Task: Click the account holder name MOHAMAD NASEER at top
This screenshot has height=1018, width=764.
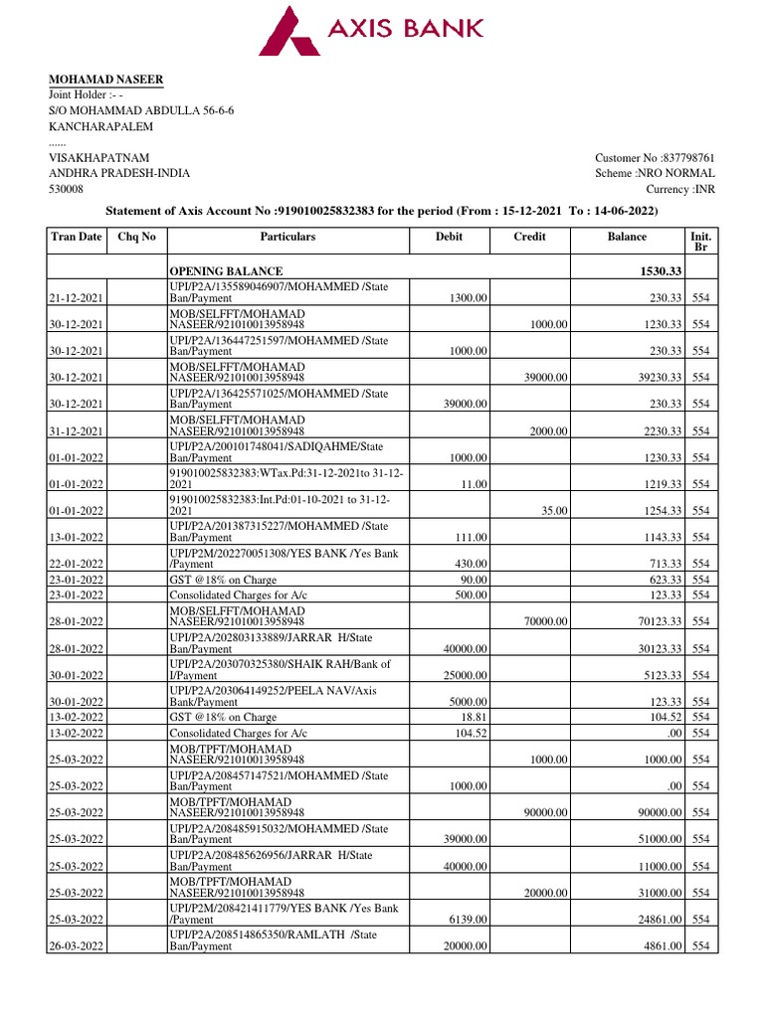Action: [x=106, y=80]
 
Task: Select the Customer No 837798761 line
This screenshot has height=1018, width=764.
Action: [x=655, y=158]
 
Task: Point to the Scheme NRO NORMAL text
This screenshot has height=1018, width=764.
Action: [x=655, y=173]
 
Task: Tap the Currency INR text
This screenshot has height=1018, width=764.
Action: [x=680, y=189]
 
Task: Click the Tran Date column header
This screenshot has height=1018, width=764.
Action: [x=77, y=237]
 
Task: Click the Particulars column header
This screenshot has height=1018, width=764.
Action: [x=287, y=237]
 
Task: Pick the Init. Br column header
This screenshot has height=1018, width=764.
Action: [x=700, y=243]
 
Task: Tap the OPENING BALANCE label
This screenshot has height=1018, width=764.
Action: [x=226, y=271]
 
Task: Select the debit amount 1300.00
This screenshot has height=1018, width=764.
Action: [x=468, y=297]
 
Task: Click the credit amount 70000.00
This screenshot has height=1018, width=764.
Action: [x=544, y=621]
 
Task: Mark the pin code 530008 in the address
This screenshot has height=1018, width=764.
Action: [x=67, y=189]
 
